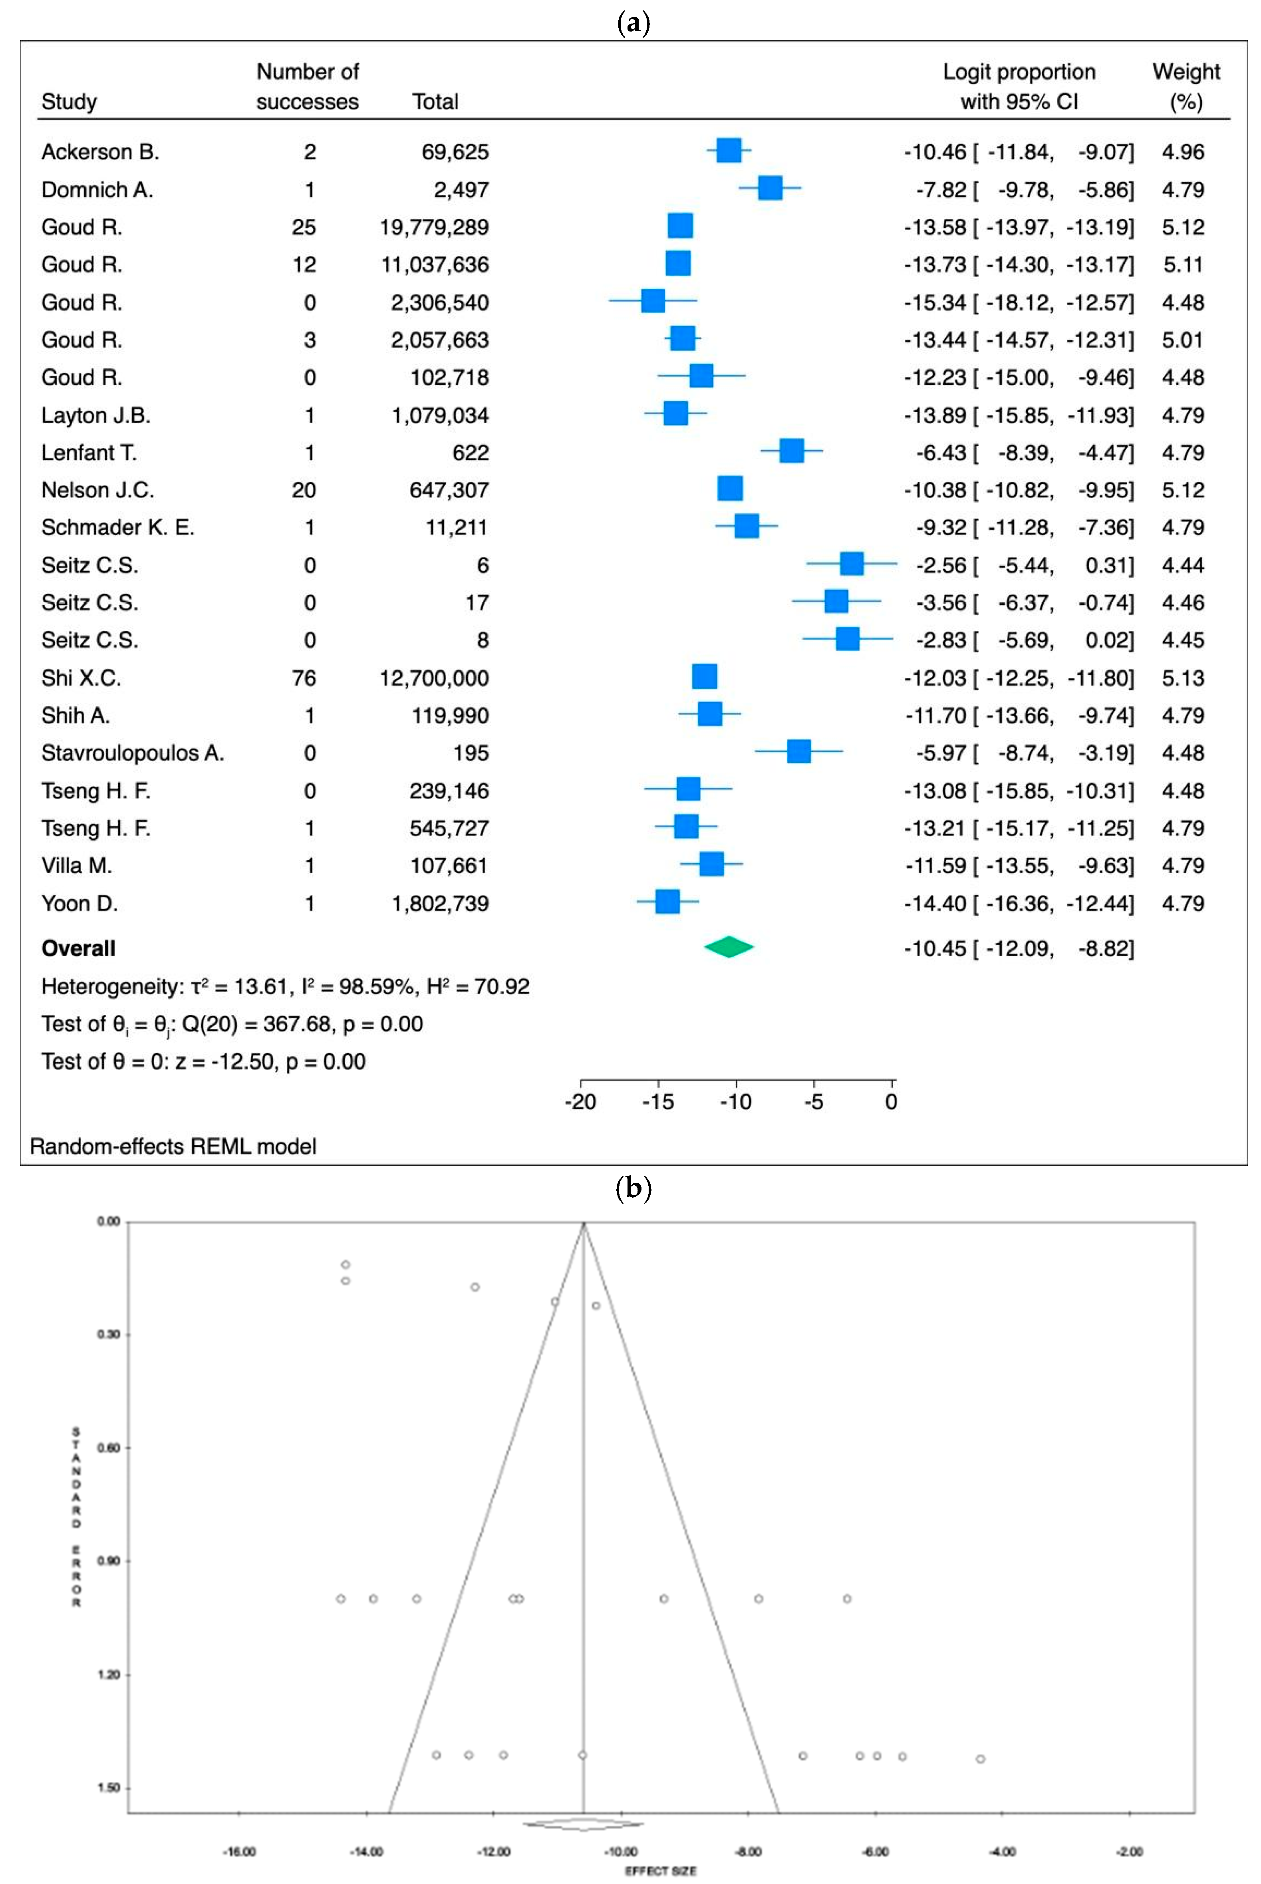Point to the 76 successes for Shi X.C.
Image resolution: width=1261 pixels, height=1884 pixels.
(x=304, y=678)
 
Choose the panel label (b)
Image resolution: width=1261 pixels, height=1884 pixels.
(x=633, y=1188)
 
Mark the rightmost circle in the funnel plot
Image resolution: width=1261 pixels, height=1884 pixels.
(x=980, y=1759)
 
